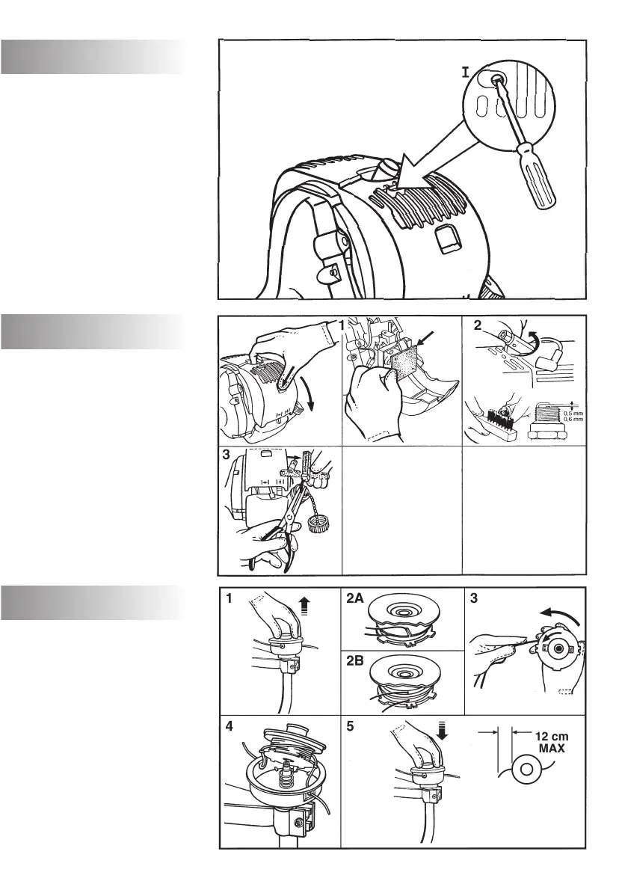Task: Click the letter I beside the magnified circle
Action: pyautogui.click(x=465, y=73)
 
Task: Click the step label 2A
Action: pyautogui.click(x=356, y=599)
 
